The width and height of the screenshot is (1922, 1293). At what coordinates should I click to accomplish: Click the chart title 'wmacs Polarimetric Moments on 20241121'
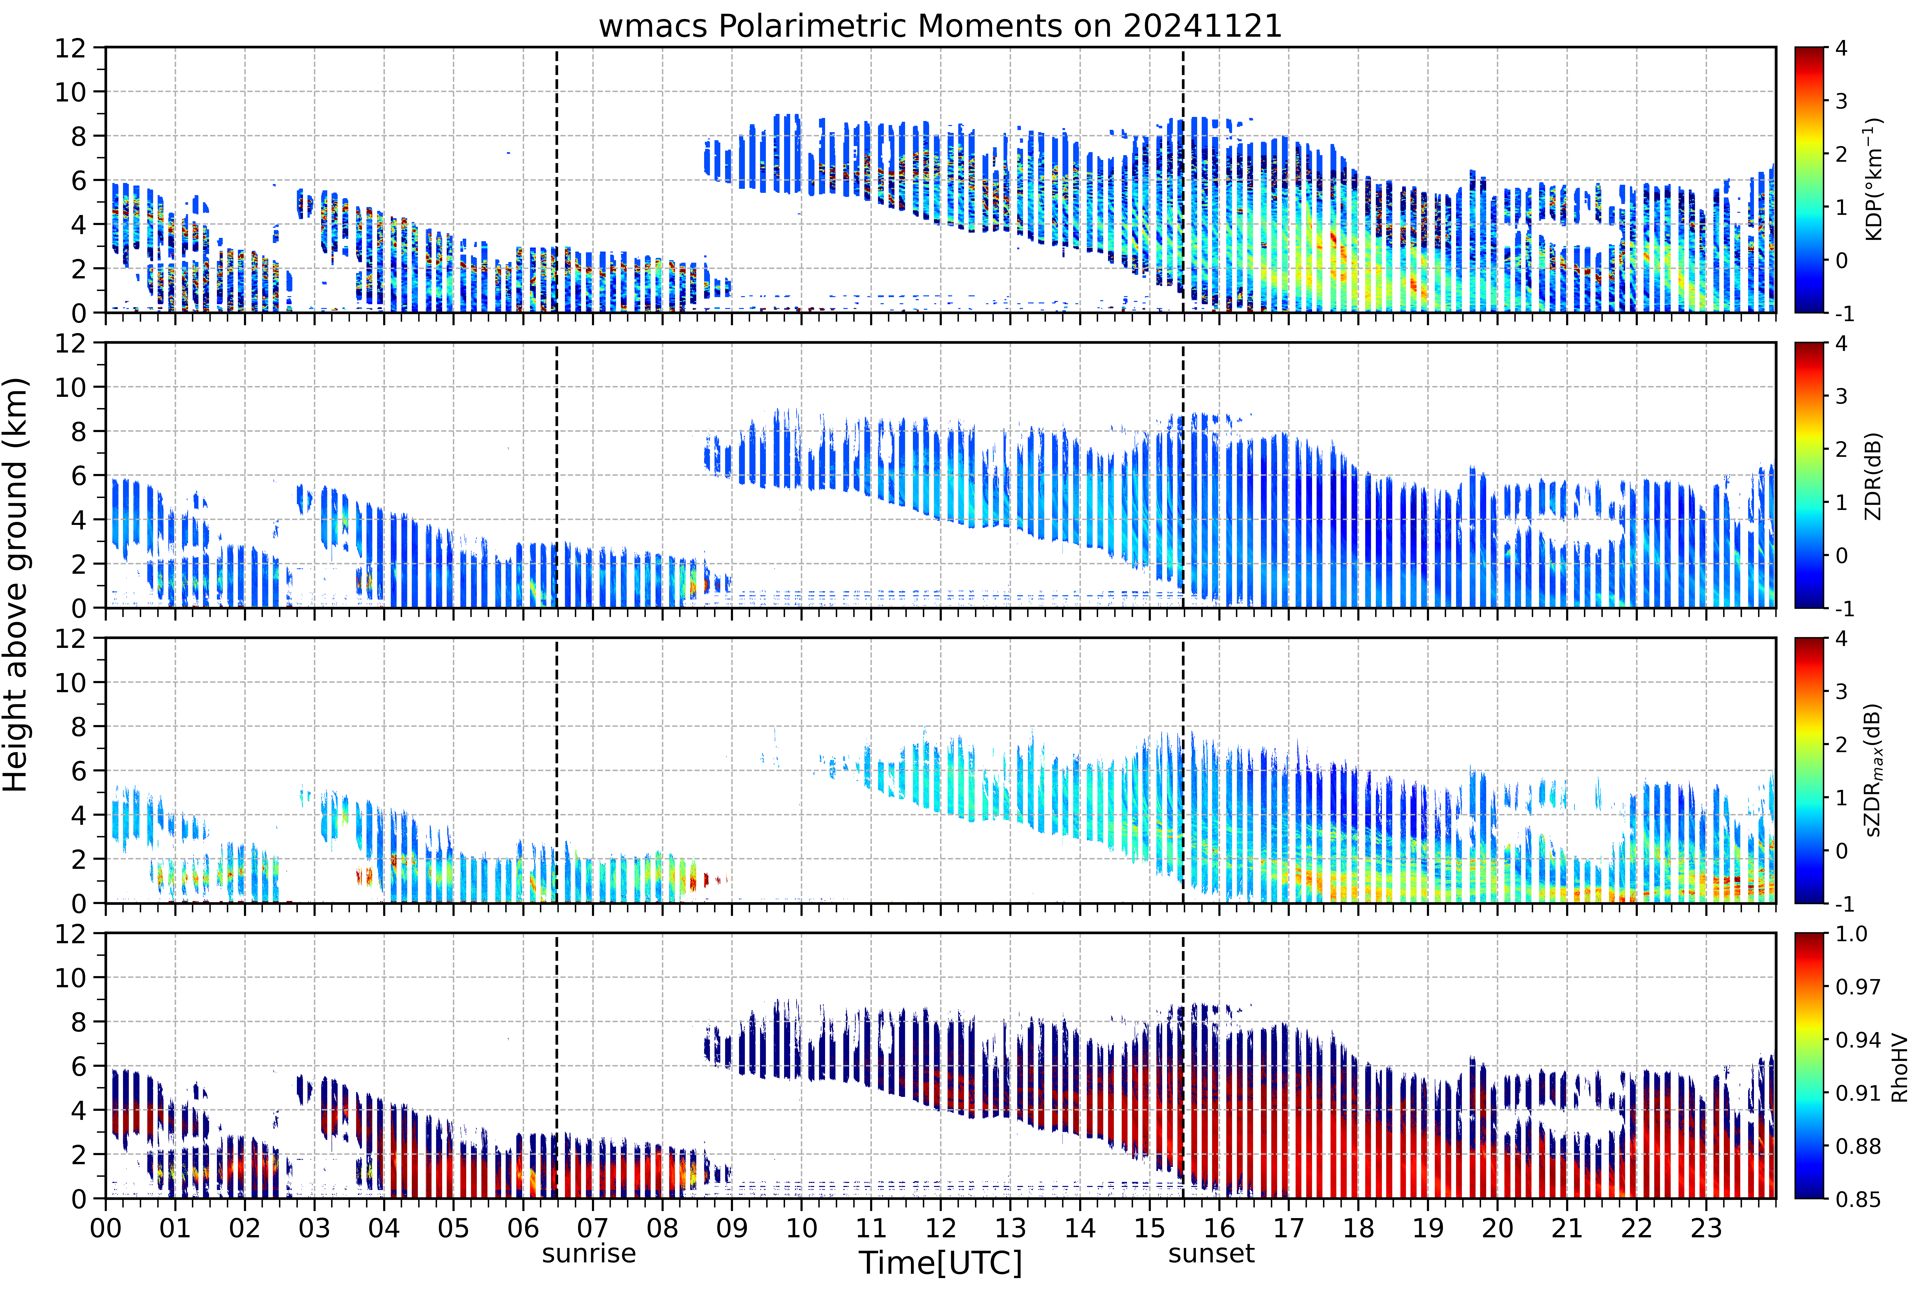tap(940, 26)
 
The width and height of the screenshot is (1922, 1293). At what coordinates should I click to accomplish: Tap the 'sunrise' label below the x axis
tap(589, 1254)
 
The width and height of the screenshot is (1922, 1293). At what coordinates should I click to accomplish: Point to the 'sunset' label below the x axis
tap(1211, 1254)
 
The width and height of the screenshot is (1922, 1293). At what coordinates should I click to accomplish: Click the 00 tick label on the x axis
tap(106, 1228)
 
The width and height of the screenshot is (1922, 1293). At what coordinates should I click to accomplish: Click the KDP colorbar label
tap(1874, 180)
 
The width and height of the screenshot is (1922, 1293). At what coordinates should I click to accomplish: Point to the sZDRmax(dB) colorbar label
tap(1874, 770)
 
